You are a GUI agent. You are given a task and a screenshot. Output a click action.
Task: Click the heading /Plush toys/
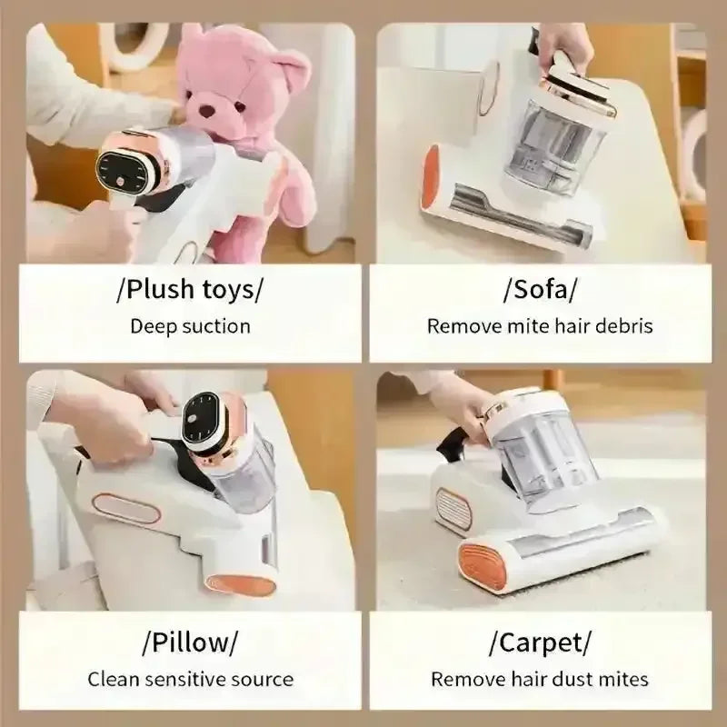click(190, 290)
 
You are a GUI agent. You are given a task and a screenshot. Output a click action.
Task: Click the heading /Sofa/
click(541, 290)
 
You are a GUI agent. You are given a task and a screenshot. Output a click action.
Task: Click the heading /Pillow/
click(190, 642)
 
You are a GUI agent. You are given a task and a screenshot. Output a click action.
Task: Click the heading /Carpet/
click(541, 642)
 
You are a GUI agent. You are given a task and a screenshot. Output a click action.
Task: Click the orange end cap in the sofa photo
click(431, 177)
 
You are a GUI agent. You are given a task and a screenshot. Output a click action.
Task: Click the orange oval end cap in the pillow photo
click(240, 585)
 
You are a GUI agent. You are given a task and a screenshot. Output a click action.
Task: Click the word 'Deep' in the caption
click(154, 327)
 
